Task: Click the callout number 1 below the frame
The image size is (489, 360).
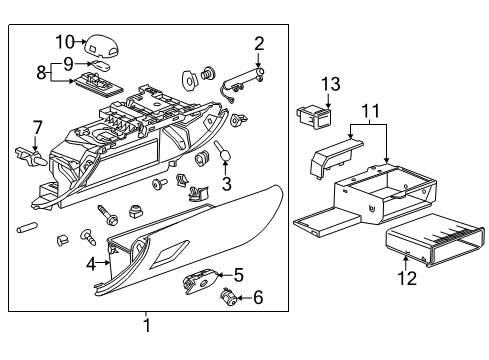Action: (x=147, y=326)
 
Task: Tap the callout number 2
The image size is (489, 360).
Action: (x=259, y=43)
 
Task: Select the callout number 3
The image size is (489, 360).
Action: (x=227, y=183)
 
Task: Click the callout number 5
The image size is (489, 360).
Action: (x=238, y=274)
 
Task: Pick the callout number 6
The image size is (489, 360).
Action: (x=258, y=297)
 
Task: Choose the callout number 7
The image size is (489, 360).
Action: (x=38, y=127)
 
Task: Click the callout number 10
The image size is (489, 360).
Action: (x=66, y=41)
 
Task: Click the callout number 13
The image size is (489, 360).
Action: (x=329, y=83)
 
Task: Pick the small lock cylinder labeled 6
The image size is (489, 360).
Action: (x=228, y=296)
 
